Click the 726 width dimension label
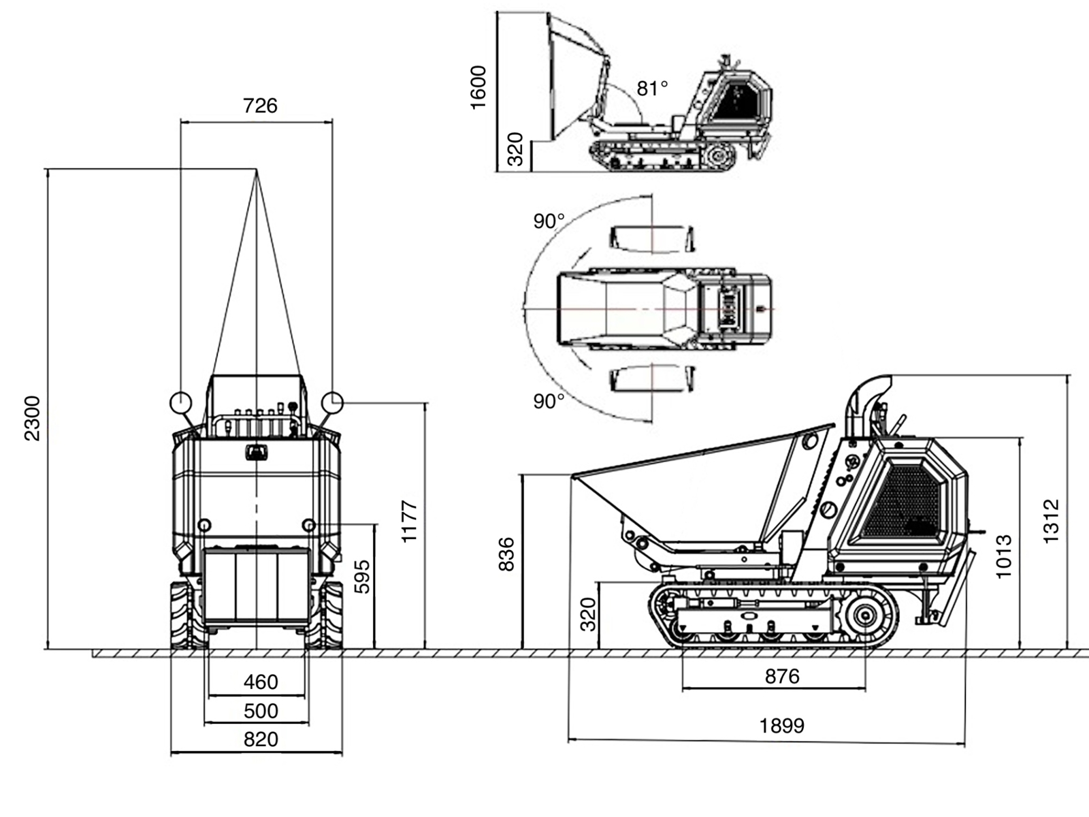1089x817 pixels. pyautogui.click(x=260, y=106)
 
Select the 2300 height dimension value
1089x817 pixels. pyautogui.click(x=33, y=418)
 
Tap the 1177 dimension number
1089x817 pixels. pyautogui.click(x=409, y=522)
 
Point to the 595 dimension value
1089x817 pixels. pyautogui.click(x=363, y=576)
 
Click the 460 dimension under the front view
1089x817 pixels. pyautogui.click(x=261, y=682)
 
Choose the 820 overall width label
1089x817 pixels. pyautogui.click(x=261, y=739)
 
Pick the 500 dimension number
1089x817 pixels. pyautogui.click(x=261, y=711)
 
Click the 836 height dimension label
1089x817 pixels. pyautogui.click(x=506, y=554)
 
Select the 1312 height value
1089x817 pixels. pyautogui.click(x=1052, y=521)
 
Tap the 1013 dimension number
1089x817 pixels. pyautogui.click(x=1004, y=557)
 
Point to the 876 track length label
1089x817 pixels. pyautogui.click(x=782, y=676)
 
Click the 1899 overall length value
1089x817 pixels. pyautogui.click(x=782, y=726)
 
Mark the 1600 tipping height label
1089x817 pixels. pyautogui.click(x=478, y=87)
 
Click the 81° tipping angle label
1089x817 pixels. pyautogui.click(x=652, y=89)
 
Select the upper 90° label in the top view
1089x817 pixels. pyautogui.click(x=549, y=221)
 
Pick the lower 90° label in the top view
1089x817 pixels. pyautogui.click(x=549, y=402)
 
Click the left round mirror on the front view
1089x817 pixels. pyautogui.click(x=180, y=402)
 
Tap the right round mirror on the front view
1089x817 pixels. pyautogui.click(x=332, y=402)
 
